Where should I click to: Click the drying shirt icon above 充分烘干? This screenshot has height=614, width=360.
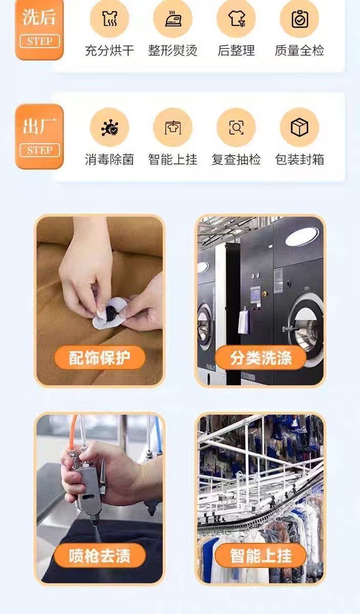click(109, 18)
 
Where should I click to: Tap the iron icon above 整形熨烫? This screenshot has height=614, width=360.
click(173, 18)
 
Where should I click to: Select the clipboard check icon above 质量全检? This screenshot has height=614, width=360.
click(300, 18)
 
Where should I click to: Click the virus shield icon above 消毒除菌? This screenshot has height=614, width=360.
click(109, 127)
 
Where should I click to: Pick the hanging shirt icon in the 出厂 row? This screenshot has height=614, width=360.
click(173, 127)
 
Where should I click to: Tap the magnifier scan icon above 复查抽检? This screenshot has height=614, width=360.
click(236, 127)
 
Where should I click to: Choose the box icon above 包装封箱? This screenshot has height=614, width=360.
click(300, 127)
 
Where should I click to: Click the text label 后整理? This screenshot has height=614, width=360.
click(236, 51)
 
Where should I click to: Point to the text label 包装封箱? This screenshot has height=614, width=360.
click(300, 160)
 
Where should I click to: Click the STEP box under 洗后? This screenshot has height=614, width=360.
click(40, 41)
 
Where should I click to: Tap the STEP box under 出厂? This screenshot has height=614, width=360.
click(40, 150)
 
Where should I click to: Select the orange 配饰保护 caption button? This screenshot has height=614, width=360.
click(100, 358)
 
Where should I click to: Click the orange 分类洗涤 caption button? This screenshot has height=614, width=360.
click(261, 358)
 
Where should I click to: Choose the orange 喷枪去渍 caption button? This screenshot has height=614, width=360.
click(100, 556)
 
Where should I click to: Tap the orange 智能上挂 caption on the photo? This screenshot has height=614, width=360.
click(261, 556)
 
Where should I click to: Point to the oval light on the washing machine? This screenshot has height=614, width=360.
click(302, 236)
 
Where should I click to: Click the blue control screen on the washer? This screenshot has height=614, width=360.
click(255, 295)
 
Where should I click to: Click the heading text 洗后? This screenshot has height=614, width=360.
click(39, 17)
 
